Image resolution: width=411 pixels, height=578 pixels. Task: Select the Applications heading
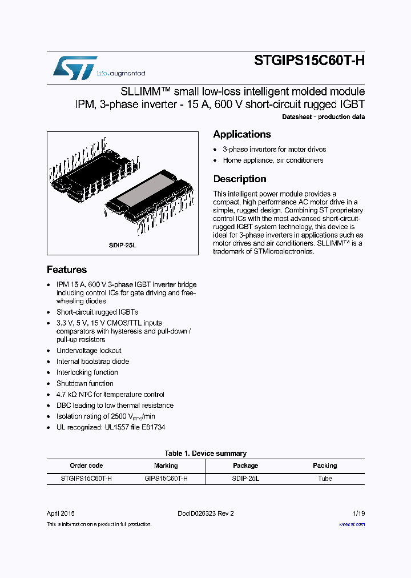click(x=242, y=134)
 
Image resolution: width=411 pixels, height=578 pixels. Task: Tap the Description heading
click(x=240, y=179)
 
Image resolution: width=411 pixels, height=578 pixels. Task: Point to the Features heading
click(x=67, y=270)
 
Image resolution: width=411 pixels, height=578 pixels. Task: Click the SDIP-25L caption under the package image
click(x=123, y=244)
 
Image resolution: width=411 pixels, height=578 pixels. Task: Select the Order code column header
click(x=86, y=465)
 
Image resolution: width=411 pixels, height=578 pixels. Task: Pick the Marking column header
click(x=166, y=465)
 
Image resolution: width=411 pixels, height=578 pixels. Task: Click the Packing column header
click(x=325, y=465)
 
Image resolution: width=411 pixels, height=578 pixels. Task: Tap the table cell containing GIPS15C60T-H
click(x=166, y=479)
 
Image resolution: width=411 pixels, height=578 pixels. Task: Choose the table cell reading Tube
click(x=325, y=479)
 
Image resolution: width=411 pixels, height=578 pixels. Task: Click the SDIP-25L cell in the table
click(x=245, y=479)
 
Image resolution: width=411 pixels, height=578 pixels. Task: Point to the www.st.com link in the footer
click(x=352, y=524)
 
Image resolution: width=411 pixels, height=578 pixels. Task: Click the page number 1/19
click(x=358, y=513)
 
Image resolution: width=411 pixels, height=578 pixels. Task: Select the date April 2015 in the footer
click(x=61, y=513)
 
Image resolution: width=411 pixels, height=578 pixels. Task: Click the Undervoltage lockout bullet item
click(x=88, y=351)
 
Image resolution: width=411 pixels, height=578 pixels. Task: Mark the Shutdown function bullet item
click(x=84, y=383)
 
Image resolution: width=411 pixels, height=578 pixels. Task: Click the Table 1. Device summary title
click(x=205, y=453)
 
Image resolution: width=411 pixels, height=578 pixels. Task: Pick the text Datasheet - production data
click(x=323, y=117)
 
